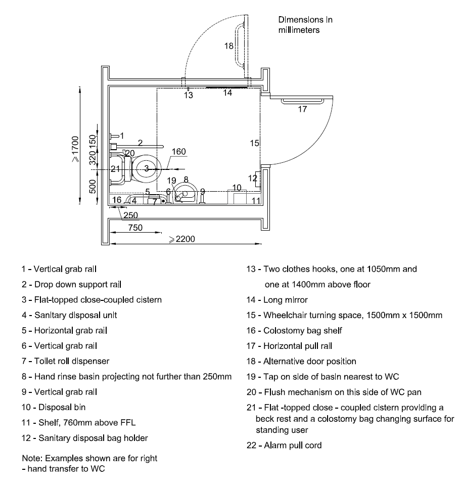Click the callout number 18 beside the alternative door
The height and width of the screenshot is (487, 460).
click(x=229, y=46)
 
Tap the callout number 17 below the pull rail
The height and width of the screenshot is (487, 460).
click(x=302, y=109)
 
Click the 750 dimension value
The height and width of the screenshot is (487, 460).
click(x=135, y=228)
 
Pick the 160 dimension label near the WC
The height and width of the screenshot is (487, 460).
click(x=179, y=152)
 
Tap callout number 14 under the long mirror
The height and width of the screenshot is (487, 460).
click(x=227, y=93)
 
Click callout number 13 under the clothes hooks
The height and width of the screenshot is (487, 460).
click(x=188, y=95)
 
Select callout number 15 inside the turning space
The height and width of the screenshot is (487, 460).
click(x=254, y=143)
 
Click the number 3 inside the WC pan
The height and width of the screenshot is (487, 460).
click(x=147, y=168)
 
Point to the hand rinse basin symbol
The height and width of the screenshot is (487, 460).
click(x=185, y=194)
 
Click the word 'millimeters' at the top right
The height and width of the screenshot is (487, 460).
click(x=299, y=30)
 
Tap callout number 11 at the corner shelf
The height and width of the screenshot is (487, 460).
click(x=256, y=201)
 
